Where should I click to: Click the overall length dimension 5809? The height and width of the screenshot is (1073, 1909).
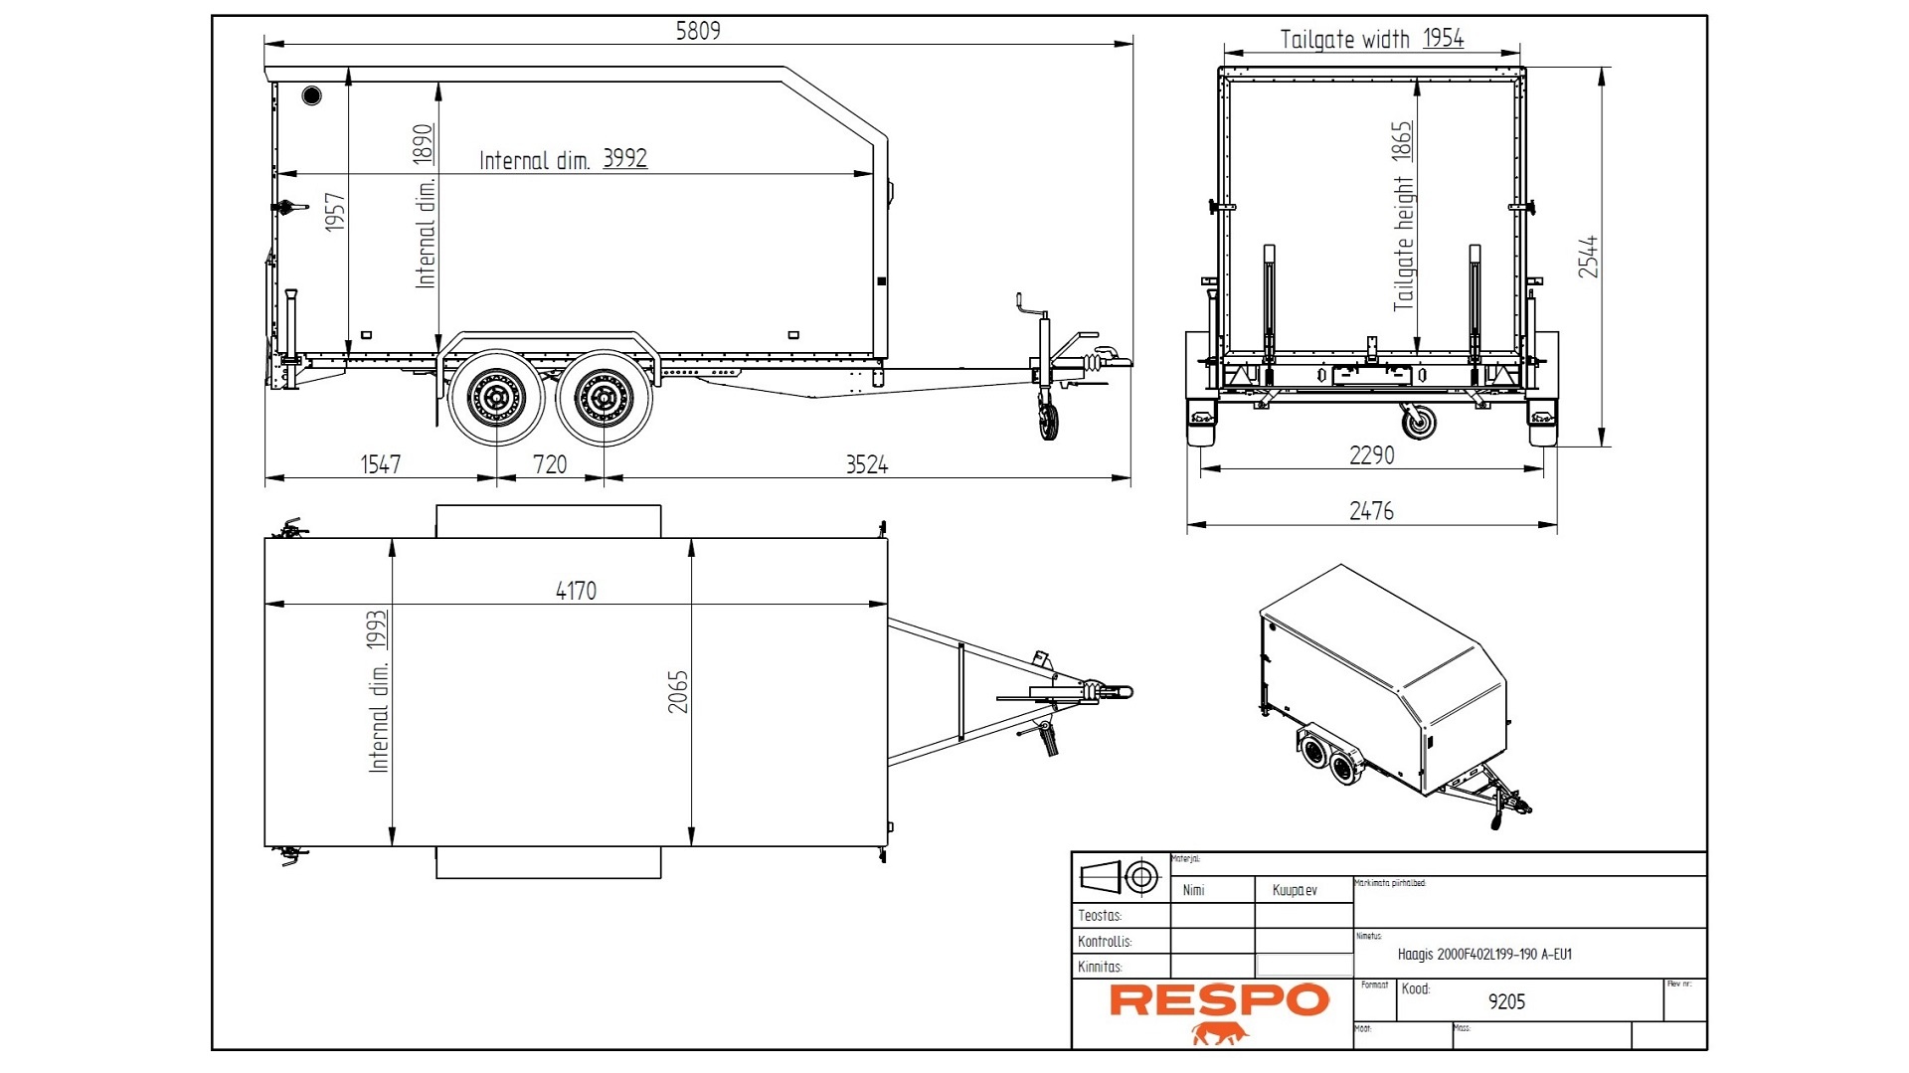pos(698,31)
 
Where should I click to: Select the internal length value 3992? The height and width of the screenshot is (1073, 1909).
pos(624,158)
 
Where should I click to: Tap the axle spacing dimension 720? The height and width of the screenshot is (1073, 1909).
pos(550,464)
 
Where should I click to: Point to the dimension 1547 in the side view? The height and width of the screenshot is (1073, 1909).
pos(380,464)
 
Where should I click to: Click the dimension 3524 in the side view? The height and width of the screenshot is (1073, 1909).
pos(866,464)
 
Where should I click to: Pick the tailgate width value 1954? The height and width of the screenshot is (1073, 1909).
pos(1443,39)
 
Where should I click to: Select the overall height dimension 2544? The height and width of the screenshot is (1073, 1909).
pos(1588,257)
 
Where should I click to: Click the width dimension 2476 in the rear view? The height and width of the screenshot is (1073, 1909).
pos(1371,511)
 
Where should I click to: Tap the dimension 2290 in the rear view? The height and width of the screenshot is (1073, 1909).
pos(1371,455)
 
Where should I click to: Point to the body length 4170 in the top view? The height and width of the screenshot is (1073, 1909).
pos(576,591)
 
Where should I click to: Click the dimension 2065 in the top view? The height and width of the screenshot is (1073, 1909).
pos(678,691)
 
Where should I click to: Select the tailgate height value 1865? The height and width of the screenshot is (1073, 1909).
pos(1402,141)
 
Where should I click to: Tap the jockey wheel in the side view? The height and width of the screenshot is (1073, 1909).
pos(1048,420)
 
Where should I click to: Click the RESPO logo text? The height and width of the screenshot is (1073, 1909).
pos(1219,1000)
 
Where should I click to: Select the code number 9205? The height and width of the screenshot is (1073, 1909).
pos(1506,1002)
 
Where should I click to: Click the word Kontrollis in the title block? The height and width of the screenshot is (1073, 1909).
pos(1105,941)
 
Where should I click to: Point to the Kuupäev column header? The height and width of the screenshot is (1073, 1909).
pos(1295,890)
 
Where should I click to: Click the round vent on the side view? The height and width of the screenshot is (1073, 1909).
pos(311,95)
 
